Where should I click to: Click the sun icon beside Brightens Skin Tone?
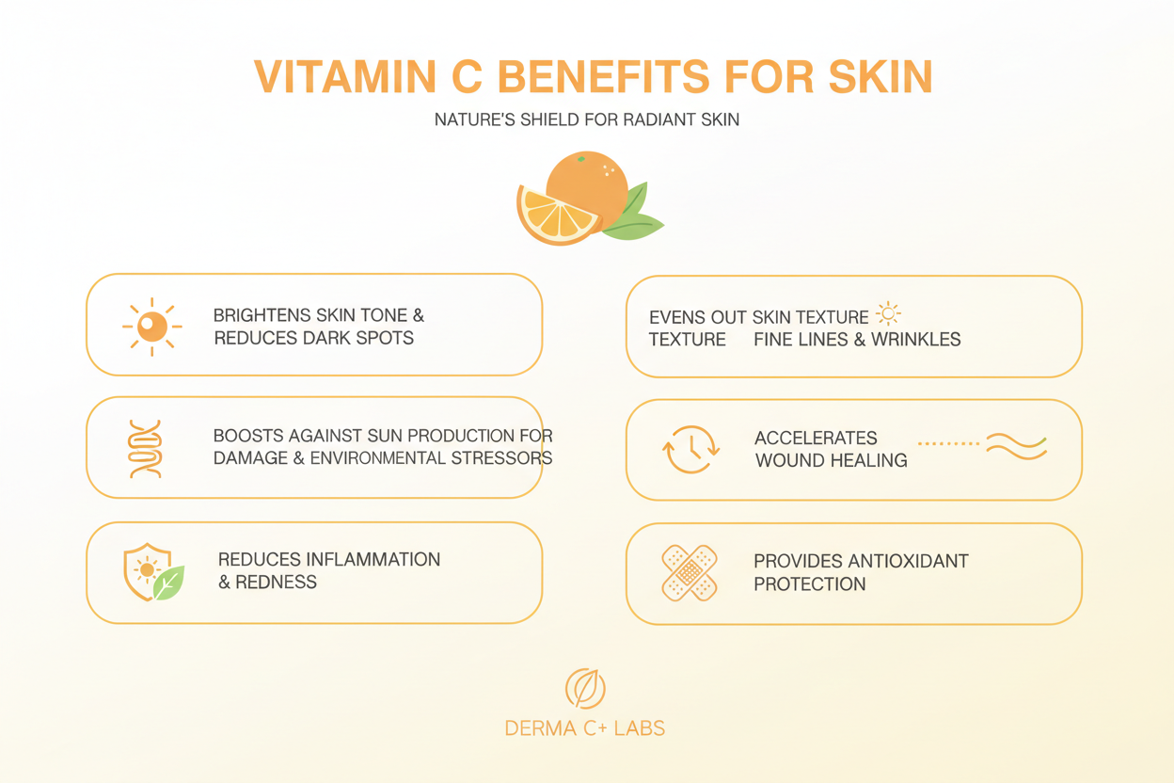(x=151, y=327)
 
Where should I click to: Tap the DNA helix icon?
(x=146, y=449)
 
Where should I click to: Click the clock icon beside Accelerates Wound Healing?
(x=691, y=449)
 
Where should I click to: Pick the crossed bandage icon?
(x=690, y=572)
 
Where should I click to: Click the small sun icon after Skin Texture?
(x=887, y=313)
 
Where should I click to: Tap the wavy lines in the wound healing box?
(x=1016, y=447)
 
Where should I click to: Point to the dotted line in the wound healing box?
(x=948, y=443)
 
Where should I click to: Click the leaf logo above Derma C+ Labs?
(x=585, y=689)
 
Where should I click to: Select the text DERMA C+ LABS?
(x=585, y=728)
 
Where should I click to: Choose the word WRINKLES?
(x=918, y=339)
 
